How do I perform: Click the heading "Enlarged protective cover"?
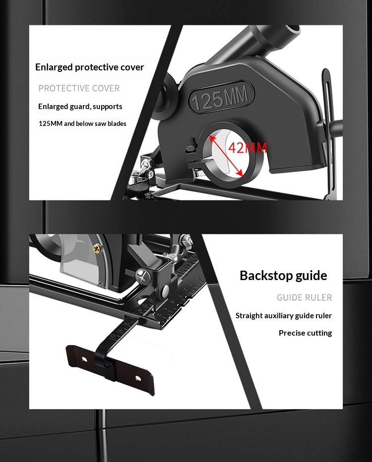(x=90, y=67)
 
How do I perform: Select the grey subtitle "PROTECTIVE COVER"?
(x=79, y=88)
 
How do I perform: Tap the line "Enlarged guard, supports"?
(x=80, y=107)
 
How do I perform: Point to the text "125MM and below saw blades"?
(x=82, y=123)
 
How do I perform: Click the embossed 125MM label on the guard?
(x=221, y=97)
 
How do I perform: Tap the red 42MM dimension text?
(x=248, y=147)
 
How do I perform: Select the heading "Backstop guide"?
(x=283, y=276)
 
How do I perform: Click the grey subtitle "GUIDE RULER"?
(x=304, y=297)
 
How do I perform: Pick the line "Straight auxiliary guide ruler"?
(x=284, y=316)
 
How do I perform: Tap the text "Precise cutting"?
(x=306, y=333)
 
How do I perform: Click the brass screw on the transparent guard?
(x=97, y=249)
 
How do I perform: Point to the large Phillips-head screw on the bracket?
(x=143, y=277)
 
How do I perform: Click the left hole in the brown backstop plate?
(x=84, y=359)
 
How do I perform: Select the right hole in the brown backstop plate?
(x=137, y=378)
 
